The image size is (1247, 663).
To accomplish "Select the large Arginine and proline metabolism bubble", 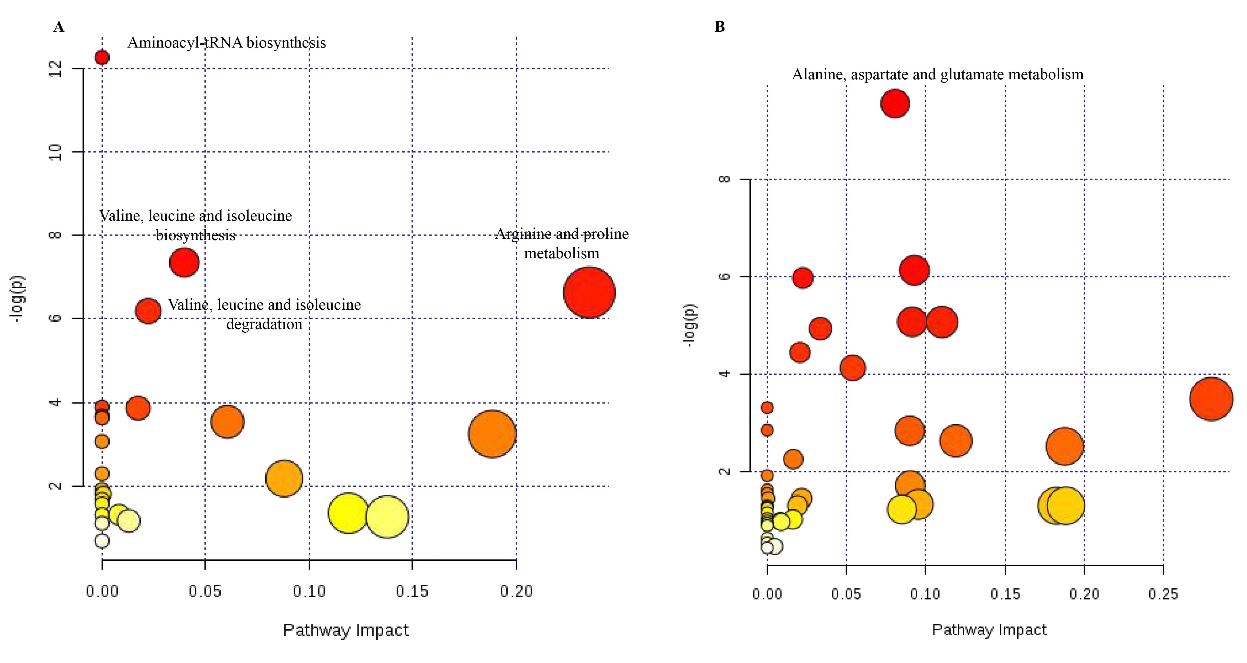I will [589, 292].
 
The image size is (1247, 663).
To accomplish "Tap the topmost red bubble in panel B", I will [895, 104].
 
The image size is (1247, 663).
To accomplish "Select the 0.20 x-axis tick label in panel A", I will [516, 591].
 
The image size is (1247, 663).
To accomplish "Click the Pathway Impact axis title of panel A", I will [346, 630].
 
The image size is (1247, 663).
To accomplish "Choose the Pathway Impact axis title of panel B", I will [989, 630].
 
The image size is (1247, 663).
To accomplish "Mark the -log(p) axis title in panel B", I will [689, 325].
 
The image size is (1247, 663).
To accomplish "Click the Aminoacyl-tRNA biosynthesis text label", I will [226, 43].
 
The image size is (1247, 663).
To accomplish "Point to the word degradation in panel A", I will [264, 324].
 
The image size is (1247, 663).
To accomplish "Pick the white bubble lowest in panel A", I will [102, 541].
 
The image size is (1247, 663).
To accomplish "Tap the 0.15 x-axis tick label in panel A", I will [412, 591].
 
